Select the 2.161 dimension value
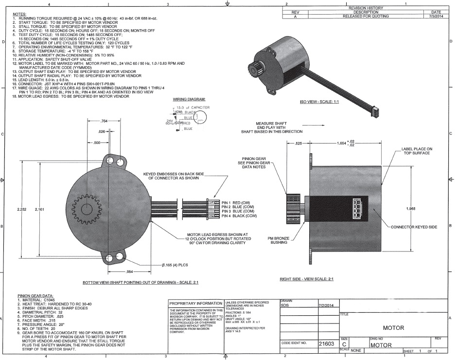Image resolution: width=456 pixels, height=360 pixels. point(41,209)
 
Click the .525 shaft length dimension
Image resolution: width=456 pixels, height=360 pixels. point(299,144)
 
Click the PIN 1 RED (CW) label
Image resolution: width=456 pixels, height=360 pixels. point(239,202)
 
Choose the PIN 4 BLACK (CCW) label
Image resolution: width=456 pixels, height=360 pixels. point(243,215)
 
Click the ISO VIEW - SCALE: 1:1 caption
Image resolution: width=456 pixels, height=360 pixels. point(323,103)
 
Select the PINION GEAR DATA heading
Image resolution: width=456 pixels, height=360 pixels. point(35,295)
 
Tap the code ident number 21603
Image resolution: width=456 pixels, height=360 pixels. point(326,343)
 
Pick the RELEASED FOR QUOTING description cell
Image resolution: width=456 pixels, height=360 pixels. point(363,16)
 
